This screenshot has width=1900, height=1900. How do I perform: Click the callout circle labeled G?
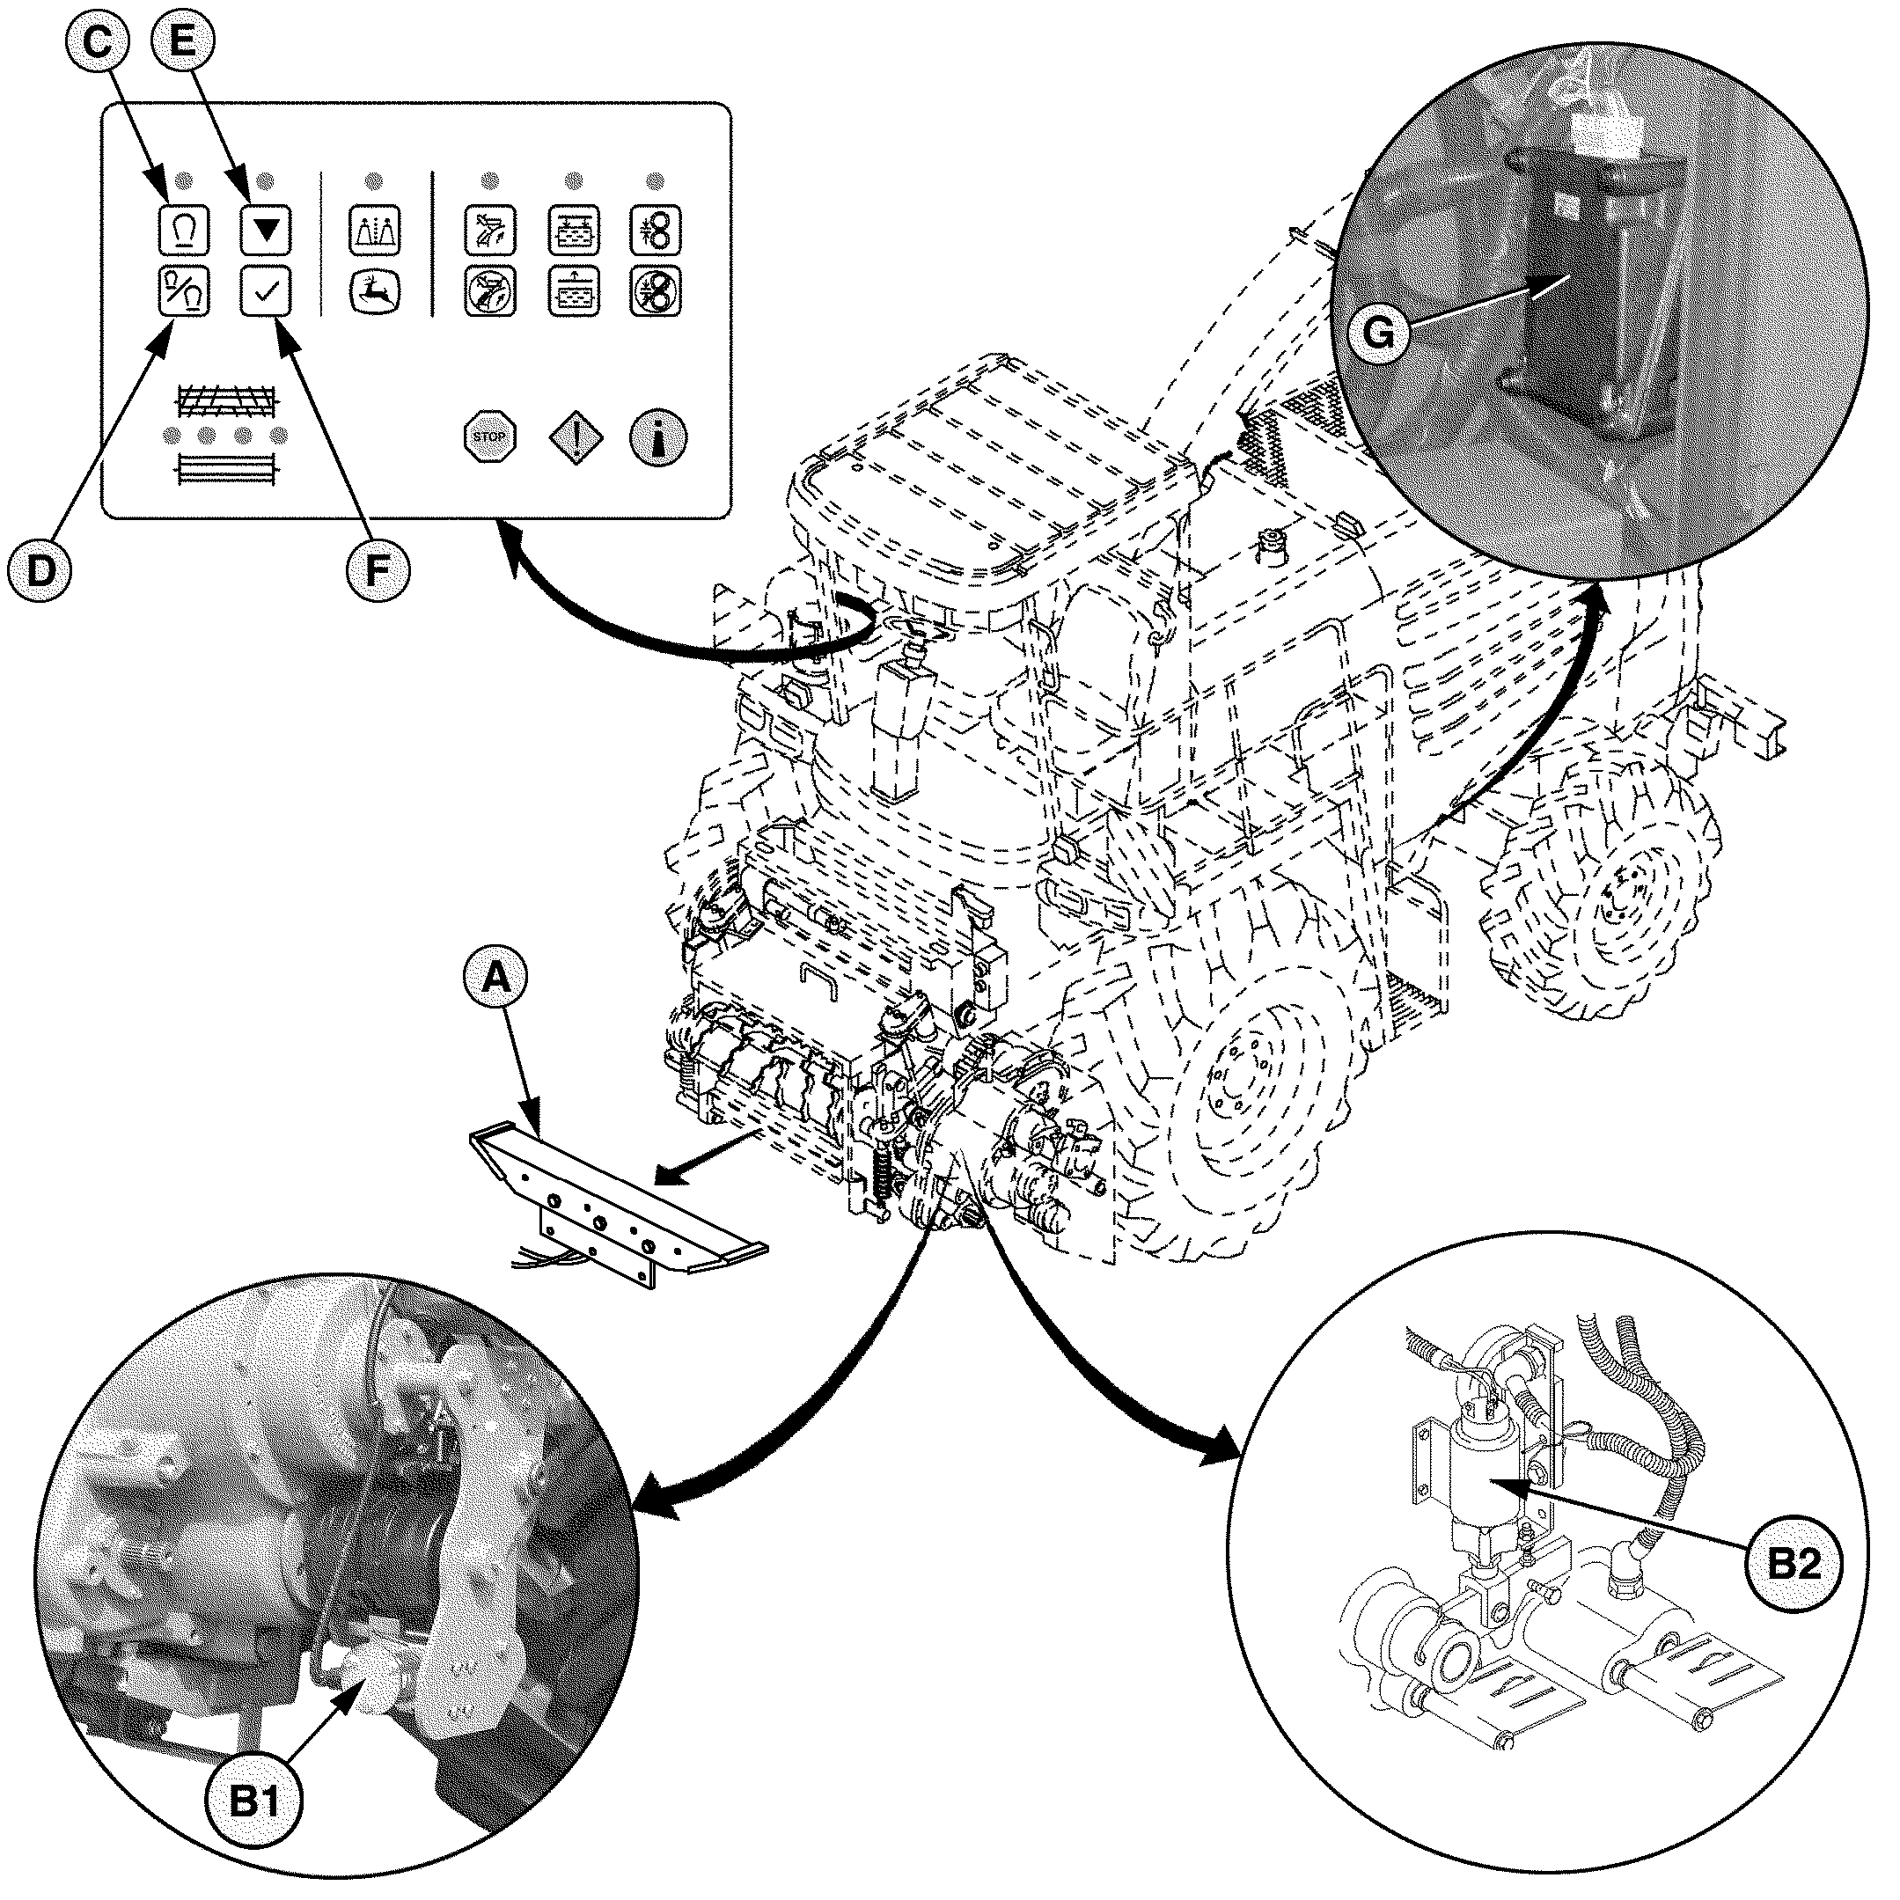click(x=1379, y=334)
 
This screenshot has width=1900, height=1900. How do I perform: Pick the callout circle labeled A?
click(x=496, y=978)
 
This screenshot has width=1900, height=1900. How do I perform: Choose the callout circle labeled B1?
click(x=253, y=1801)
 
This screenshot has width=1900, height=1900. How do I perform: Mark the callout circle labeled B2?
click(x=1794, y=1590)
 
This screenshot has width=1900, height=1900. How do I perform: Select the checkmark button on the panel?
click(x=266, y=292)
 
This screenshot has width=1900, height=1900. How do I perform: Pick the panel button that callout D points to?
click(x=184, y=292)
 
